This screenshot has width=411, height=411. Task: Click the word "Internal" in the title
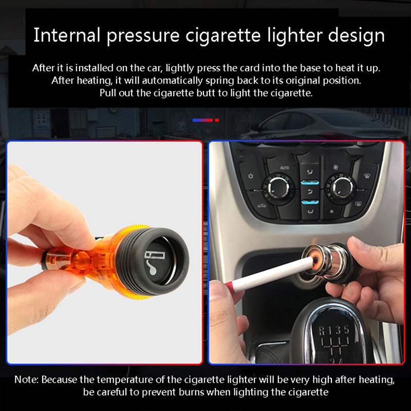pyautogui.click(x=67, y=35)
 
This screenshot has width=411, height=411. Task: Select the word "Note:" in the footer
pyautogui.click(x=27, y=380)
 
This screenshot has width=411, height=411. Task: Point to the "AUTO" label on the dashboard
pyautogui.click(x=285, y=167)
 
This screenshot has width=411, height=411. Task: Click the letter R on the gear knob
pyautogui.click(x=322, y=331)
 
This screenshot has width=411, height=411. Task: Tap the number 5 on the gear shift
pyautogui.click(x=346, y=329)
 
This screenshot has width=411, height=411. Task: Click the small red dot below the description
pyautogui.click(x=217, y=120)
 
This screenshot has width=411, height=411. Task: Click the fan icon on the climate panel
pyautogui.click(x=335, y=166)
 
